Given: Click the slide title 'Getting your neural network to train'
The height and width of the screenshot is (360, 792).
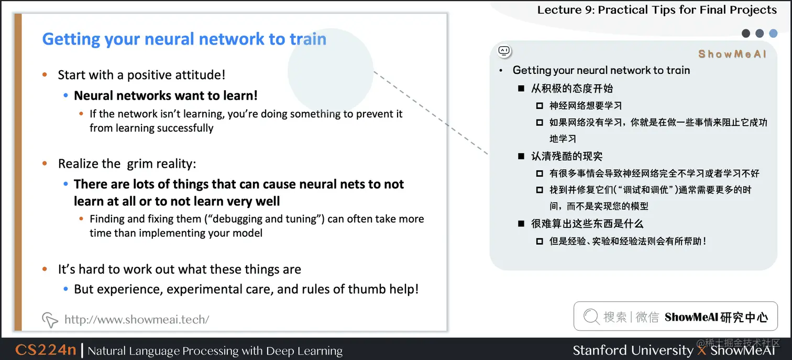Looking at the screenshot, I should (184, 39).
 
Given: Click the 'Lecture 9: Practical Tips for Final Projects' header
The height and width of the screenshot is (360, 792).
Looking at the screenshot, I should (657, 10).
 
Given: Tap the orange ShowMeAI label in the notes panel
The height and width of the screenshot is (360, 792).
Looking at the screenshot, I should (732, 54).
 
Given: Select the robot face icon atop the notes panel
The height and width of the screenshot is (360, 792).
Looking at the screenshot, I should (504, 51).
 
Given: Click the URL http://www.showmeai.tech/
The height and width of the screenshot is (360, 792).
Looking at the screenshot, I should (136, 319).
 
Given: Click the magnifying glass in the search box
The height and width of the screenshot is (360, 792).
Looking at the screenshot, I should (591, 317).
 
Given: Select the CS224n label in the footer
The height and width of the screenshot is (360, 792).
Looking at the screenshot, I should (46, 350).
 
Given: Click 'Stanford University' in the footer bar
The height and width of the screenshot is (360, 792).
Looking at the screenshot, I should (632, 350).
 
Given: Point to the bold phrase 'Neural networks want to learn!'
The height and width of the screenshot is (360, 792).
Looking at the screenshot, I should (166, 95).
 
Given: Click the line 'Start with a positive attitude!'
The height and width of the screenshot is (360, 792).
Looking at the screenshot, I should (141, 75).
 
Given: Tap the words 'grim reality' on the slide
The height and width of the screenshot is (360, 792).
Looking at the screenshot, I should (162, 163).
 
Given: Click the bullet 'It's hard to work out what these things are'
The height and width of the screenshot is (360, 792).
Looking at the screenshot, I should (179, 269).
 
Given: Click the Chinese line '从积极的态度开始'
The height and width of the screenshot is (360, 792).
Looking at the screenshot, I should (572, 88).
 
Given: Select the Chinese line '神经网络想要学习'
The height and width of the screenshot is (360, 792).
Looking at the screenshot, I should (586, 105).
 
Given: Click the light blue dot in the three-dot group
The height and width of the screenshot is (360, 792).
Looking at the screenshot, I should (773, 34).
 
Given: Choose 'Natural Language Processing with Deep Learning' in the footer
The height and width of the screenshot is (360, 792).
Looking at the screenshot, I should (215, 351).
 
